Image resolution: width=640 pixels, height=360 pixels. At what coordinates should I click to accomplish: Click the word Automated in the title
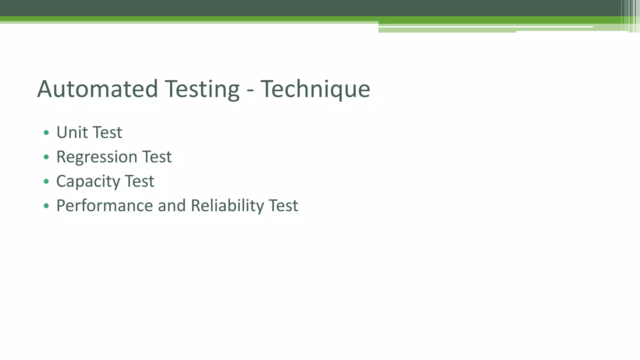click(x=97, y=89)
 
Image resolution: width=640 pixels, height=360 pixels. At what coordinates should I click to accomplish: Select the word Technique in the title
click(x=315, y=90)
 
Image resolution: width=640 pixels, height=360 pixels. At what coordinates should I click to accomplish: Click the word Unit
click(x=72, y=132)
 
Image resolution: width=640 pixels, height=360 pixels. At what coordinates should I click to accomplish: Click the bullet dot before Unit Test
click(x=46, y=132)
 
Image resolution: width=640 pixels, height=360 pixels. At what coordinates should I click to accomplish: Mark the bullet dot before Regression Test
click(x=46, y=157)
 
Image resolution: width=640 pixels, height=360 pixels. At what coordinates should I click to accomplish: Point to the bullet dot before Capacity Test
click(x=46, y=181)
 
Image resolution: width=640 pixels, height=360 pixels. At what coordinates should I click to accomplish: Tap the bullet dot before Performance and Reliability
click(x=46, y=206)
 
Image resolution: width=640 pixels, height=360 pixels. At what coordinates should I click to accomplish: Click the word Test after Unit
click(x=107, y=132)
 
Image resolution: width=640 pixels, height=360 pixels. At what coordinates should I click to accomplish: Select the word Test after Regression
click(x=157, y=157)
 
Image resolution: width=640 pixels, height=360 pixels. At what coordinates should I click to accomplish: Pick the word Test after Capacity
click(x=139, y=181)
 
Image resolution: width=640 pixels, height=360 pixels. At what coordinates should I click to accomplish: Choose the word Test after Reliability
click(x=283, y=206)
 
